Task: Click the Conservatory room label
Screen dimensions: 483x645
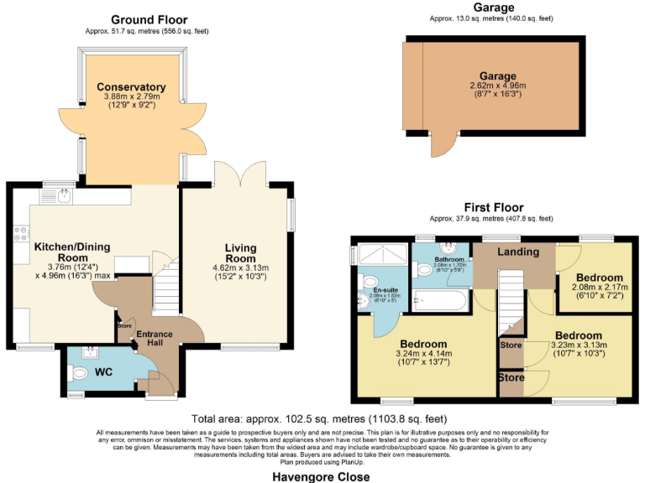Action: pyautogui.click(x=130, y=87)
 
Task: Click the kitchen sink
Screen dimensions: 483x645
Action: pyautogui.click(x=63, y=196)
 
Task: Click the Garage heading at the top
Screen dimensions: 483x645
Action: pyautogui.click(x=494, y=8)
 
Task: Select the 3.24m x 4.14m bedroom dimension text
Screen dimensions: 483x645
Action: pyautogui.click(x=426, y=354)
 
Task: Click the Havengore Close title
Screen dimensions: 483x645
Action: pyautogui.click(x=321, y=476)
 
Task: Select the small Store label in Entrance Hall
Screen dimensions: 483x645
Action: pyautogui.click(x=125, y=326)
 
